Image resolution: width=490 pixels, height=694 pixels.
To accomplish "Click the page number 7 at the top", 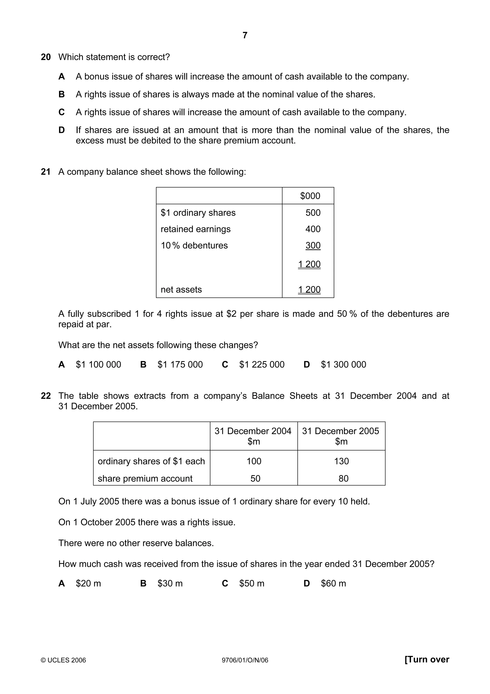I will coord(245,35).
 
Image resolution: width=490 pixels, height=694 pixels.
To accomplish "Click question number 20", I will coord(46,57).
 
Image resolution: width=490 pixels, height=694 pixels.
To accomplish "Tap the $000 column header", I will coord(310,196).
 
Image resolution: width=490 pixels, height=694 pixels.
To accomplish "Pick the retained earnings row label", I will coord(195,229).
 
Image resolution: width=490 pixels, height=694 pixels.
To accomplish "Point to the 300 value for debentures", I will coord(313,245).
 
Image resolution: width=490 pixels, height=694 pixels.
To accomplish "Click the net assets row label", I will coord(181,290).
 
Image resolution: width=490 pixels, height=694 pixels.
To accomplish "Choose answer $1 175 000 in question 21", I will coord(180,364).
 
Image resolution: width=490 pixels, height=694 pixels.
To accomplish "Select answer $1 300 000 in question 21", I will coord(343,364).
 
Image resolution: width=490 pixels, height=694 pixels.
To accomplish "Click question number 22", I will coord(46,396).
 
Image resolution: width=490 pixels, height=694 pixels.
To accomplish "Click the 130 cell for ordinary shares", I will coord(341,461).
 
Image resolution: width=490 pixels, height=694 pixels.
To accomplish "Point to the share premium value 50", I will coord(255,478).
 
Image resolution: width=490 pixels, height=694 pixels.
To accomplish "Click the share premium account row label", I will coord(145,478).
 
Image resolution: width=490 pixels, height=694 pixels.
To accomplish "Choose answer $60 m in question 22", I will coord(333,583).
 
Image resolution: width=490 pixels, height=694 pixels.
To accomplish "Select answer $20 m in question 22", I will coord(88,583).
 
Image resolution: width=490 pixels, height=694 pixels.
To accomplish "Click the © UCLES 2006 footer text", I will coord(63,660).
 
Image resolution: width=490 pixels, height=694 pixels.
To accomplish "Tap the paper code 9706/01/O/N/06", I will coord(245,660).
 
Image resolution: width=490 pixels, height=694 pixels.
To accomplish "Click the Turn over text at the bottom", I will coord(427,660).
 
